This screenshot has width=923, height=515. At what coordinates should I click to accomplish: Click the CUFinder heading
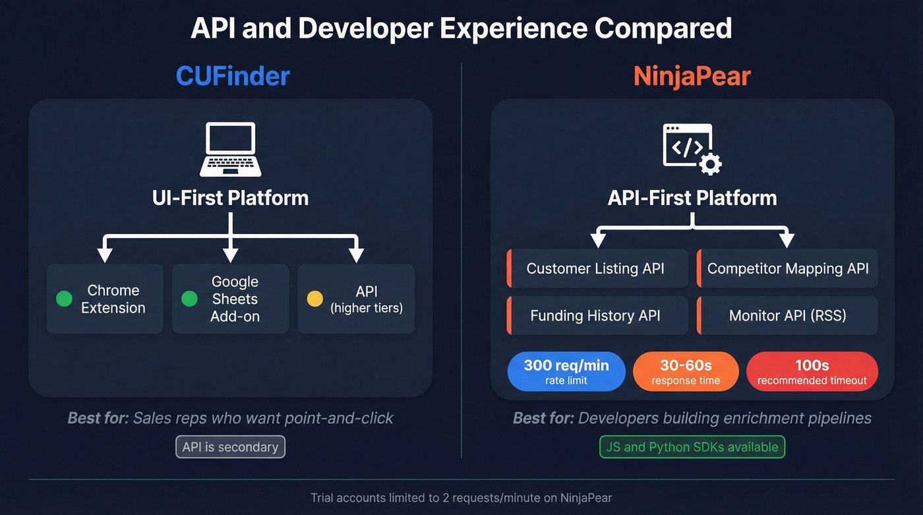click(232, 76)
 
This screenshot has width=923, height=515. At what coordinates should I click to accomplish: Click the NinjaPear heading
click(692, 76)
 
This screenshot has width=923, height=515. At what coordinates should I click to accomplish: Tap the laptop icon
click(230, 149)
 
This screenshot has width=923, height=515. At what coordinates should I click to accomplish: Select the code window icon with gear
click(691, 149)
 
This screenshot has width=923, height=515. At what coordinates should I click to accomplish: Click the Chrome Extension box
click(105, 299)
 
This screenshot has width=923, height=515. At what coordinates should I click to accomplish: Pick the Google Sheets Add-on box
click(230, 299)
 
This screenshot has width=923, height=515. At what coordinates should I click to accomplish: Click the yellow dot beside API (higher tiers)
click(315, 299)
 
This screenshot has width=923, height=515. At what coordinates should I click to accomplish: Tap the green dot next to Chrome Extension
click(64, 299)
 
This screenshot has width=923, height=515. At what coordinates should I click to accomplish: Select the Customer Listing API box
click(597, 268)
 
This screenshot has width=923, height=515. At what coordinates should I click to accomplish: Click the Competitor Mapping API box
click(787, 268)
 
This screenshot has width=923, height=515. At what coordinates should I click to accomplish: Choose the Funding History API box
click(597, 315)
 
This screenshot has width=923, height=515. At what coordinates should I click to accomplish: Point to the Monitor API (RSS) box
click(787, 315)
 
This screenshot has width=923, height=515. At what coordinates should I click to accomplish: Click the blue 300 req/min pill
click(566, 371)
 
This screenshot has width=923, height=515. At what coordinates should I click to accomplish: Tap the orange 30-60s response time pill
click(686, 371)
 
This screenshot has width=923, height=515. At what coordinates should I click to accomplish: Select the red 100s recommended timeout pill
click(812, 371)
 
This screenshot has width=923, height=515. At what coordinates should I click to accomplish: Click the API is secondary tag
click(230, 446)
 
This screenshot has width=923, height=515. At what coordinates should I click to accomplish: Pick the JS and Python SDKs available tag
click(692, 446)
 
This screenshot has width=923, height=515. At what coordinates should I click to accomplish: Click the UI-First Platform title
click(230, 198)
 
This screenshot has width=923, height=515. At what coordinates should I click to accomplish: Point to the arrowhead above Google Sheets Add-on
click(230, 255)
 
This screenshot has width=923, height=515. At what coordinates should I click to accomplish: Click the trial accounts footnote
click(461, 498)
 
